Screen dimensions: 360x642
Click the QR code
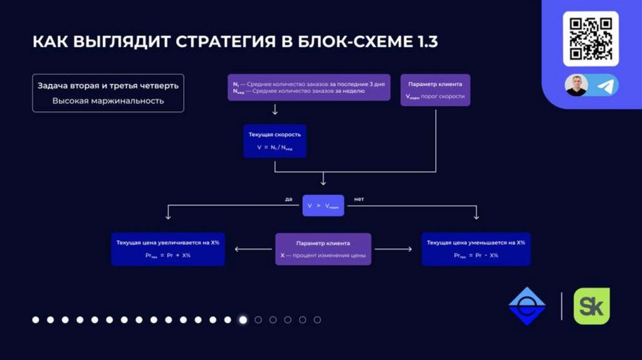tap(591, 38)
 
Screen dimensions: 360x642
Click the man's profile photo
tap(576, 85)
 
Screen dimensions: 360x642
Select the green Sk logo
tap(592, 305)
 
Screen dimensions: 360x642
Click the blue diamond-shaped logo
tap(527, 305)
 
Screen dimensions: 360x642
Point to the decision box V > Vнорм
tap(324, 205)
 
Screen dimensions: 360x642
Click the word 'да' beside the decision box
tap(288, 199)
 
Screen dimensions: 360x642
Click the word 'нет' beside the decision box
tap(359, 199)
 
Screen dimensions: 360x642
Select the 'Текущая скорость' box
tap(275, 140)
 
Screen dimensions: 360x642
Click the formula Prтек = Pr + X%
tap(168, 255)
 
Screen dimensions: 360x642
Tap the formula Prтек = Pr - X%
tap(476, 255)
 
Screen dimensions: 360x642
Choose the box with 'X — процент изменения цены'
tap(323, 249)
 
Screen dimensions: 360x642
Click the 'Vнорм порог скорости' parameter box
tap(435, 90)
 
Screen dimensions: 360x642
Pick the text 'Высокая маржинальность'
tap(108, 100)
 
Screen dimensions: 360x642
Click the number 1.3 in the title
tap(423, 42)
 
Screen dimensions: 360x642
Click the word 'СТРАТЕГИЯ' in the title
tap(217, 42)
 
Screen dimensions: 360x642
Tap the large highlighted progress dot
tap(243, 320)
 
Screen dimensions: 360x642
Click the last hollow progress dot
tap(317, 320)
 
